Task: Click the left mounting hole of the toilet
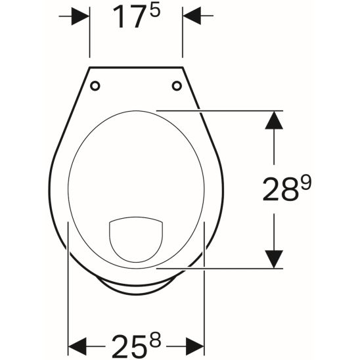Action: click(96, 85)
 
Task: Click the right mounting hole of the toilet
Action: click(176, 85)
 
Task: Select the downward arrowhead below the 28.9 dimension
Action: click(274, 258)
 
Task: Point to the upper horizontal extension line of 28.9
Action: click(217, 110)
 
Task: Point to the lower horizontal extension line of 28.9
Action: click(217, 268)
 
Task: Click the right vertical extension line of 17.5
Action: click(182, 39)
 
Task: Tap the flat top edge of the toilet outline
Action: click(136, 66)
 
